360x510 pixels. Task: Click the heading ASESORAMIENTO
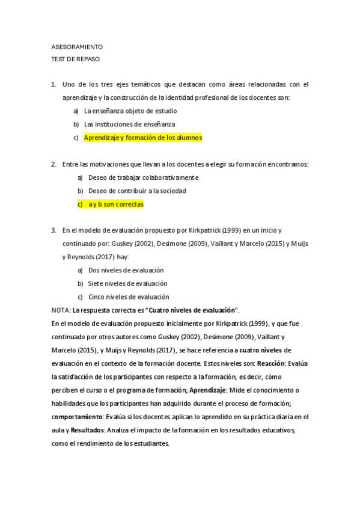(78, 46)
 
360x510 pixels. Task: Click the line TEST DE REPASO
(76, 59)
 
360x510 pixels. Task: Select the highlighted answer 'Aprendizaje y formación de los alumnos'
(143, 138)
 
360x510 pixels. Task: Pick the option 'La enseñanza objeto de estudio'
(130, 111)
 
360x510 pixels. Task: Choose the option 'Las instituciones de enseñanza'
(129, 124)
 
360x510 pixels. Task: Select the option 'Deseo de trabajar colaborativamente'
(143, 177)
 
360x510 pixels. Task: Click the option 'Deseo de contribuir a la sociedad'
(137, 191)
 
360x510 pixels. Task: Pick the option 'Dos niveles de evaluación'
(126, 270)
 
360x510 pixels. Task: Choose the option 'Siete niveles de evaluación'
(127, 283)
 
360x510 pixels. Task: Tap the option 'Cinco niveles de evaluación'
(129, 296)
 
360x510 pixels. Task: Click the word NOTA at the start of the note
(61, 310)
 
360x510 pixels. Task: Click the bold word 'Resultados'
(87, 430)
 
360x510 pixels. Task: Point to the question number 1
(54, 84)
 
